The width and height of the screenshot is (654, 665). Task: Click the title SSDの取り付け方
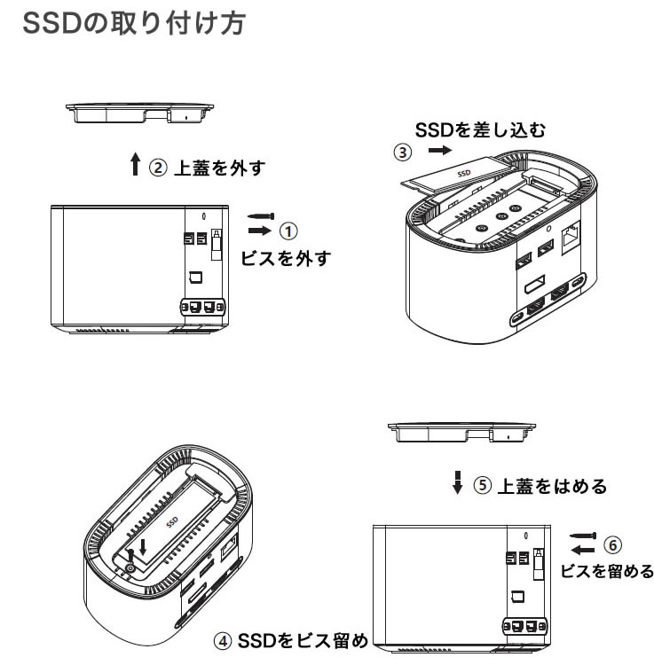coord(134,23)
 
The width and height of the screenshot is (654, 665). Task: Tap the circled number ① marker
coord(288,231)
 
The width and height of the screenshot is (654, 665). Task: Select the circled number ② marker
coord(158,168)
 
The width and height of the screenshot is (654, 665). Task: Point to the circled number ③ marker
coord(403,153)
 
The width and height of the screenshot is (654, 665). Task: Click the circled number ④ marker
coord(223,640)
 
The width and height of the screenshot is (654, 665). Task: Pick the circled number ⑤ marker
coord(483,485)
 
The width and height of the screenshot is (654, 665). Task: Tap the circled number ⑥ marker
coord(613,545)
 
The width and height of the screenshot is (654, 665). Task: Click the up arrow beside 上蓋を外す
coord(136,164)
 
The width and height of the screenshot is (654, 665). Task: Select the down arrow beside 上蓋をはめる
coord(458,482)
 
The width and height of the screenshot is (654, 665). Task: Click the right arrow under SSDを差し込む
coord(440,150)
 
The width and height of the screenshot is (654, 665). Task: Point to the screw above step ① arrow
coord(261,216)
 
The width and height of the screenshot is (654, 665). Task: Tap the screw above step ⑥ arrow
coord(583,536)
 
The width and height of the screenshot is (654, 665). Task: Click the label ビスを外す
coord(286,258)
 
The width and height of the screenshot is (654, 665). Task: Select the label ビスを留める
coord(607,571)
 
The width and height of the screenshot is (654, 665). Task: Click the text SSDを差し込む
coord(480,129)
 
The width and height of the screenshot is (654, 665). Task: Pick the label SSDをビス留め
coord(303,640)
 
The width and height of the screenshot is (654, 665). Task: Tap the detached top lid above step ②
coord(139,113)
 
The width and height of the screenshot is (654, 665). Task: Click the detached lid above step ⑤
coord(461,432)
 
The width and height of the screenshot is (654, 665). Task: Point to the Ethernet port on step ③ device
coord(571,237)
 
